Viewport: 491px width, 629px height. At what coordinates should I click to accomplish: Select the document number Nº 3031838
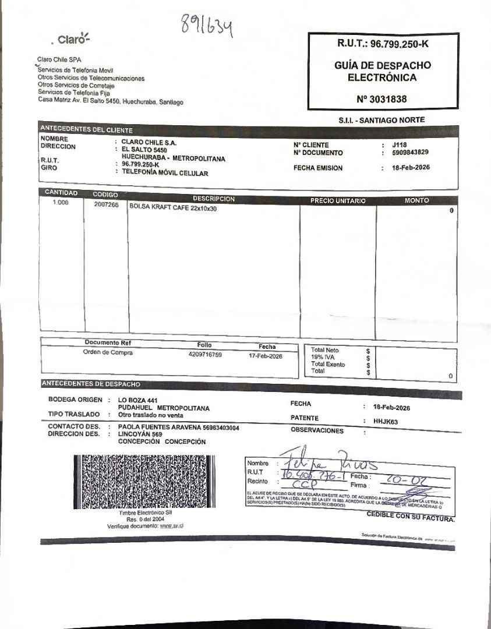(x=382, y=99)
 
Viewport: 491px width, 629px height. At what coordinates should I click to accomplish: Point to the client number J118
(x=399, y=145)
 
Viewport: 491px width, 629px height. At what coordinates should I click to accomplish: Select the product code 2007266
(x=106, y=205)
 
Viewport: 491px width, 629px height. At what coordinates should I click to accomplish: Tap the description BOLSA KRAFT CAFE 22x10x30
(x=173, y=208)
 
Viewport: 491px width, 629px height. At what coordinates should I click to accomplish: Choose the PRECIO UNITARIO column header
(x=338, y=200)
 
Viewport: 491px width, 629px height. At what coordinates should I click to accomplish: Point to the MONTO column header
(x=416, y=200)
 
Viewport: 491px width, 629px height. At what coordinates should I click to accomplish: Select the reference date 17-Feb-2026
(x=265, y=356)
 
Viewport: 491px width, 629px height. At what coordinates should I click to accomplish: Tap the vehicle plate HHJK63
(x=386, y=422)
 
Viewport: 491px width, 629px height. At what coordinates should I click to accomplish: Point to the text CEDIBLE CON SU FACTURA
(x=410, y=517)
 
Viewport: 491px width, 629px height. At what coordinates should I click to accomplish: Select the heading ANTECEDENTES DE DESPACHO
(x=91, y=384)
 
